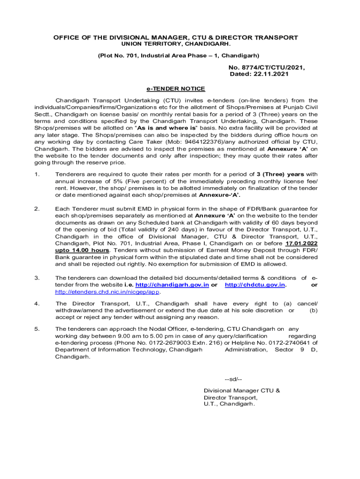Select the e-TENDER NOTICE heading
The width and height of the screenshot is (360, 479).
coord(176,89)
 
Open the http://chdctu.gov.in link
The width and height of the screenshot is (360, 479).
coord(255,285)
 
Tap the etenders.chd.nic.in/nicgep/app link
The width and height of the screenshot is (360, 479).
coord(108,292)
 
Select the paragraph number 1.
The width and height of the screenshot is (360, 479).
coord(36,174)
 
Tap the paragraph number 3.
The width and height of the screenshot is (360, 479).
coord(36,278)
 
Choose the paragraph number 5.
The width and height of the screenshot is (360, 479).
coord(36,329)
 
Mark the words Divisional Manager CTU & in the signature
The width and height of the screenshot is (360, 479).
coord(242,391)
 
